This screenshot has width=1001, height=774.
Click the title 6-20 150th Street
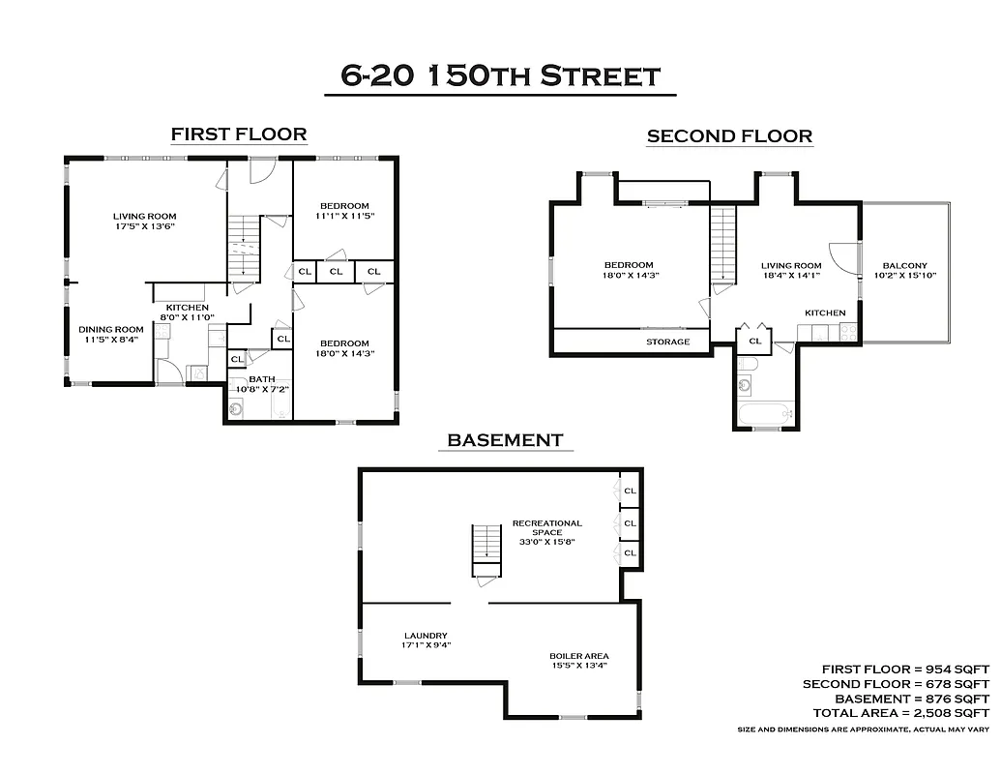[x=500, y=75]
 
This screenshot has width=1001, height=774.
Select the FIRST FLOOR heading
[x=238, y=134]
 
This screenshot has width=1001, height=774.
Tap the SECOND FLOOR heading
[x=729, y=136]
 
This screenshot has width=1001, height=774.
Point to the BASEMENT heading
[x=504, y=440]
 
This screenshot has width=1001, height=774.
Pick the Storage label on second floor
[x=668, y=342]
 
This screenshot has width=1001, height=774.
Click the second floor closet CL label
[x=754, y=342]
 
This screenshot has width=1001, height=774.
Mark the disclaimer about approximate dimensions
[x=863, y=729]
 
